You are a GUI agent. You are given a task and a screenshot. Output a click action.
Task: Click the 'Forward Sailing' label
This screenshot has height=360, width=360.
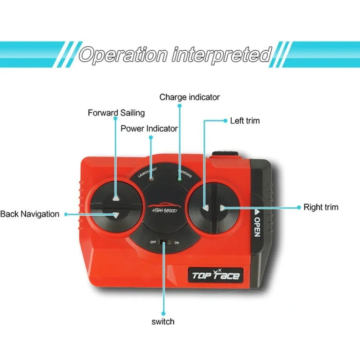116,113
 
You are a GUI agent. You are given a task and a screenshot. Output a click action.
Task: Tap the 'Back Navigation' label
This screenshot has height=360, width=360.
30,214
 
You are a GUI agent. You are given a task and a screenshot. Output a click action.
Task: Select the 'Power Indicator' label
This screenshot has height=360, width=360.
149,128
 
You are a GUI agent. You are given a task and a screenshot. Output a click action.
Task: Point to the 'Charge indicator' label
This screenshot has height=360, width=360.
189,97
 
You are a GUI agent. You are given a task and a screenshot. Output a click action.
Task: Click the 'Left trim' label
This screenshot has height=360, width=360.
245,121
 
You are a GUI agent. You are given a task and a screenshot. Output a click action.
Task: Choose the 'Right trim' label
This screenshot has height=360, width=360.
321,207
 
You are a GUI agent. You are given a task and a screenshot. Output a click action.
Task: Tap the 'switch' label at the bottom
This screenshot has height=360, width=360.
163,322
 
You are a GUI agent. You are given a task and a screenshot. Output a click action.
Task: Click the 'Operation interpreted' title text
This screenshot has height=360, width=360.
175,55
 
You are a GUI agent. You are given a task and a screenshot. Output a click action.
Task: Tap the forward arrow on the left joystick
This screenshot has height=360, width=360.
115,198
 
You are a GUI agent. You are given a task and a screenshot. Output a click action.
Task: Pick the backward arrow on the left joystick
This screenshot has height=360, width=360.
115,215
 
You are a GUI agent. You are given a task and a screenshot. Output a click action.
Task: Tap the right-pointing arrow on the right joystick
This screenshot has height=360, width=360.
222,207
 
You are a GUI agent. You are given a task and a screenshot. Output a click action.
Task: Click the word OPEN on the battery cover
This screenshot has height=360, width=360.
257,227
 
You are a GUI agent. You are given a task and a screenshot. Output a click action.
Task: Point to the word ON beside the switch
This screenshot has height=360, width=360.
176,242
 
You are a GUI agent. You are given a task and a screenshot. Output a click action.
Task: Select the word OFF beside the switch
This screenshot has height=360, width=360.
153,242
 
